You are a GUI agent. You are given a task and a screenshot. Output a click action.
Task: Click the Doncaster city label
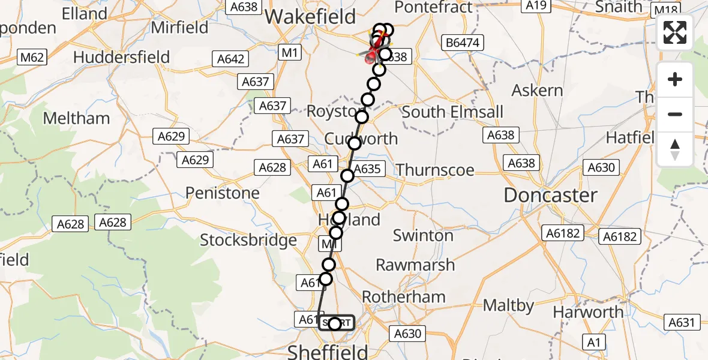coord(550,195)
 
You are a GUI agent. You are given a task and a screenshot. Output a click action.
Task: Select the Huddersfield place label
coord(122,58)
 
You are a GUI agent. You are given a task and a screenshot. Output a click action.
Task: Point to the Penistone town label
coord(223,193)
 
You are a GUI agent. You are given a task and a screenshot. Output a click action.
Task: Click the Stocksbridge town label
coord(248,240)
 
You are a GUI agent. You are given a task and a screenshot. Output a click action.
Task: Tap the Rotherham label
coord(404,296)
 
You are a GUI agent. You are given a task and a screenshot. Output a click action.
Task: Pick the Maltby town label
coord(508,305)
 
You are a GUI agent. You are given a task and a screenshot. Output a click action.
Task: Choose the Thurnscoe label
coord(435,170)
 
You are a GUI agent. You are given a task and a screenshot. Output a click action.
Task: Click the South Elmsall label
coord(452,112)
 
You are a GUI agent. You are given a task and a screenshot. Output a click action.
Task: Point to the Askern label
coord(537,91)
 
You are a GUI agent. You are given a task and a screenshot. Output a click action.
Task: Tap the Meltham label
coord(76,118)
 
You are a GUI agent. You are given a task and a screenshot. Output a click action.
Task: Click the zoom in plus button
coord(675,79)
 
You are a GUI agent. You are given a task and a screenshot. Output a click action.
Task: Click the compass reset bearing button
coord(675,149)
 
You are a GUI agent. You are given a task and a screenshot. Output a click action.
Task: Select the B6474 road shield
coord(463,43)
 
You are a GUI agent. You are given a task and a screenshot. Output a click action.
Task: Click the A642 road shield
coord(230,59)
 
